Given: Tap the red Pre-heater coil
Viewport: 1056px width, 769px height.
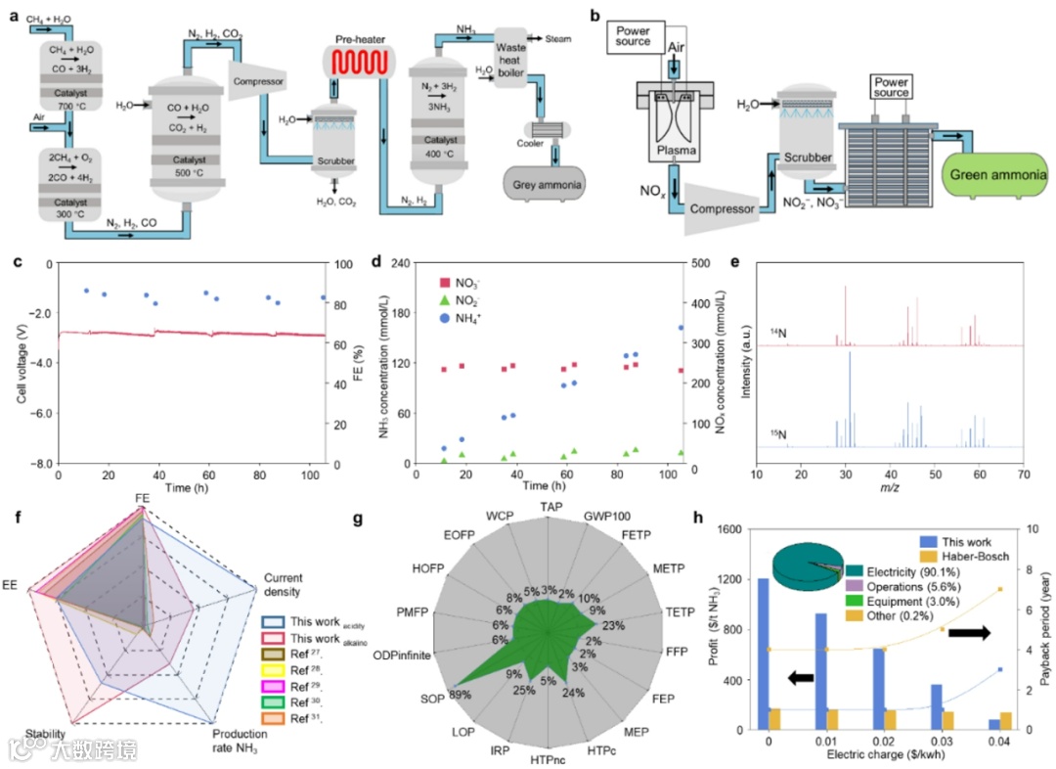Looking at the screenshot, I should coord(358,65).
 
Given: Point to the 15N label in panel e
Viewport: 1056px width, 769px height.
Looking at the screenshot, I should coord(777,431).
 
